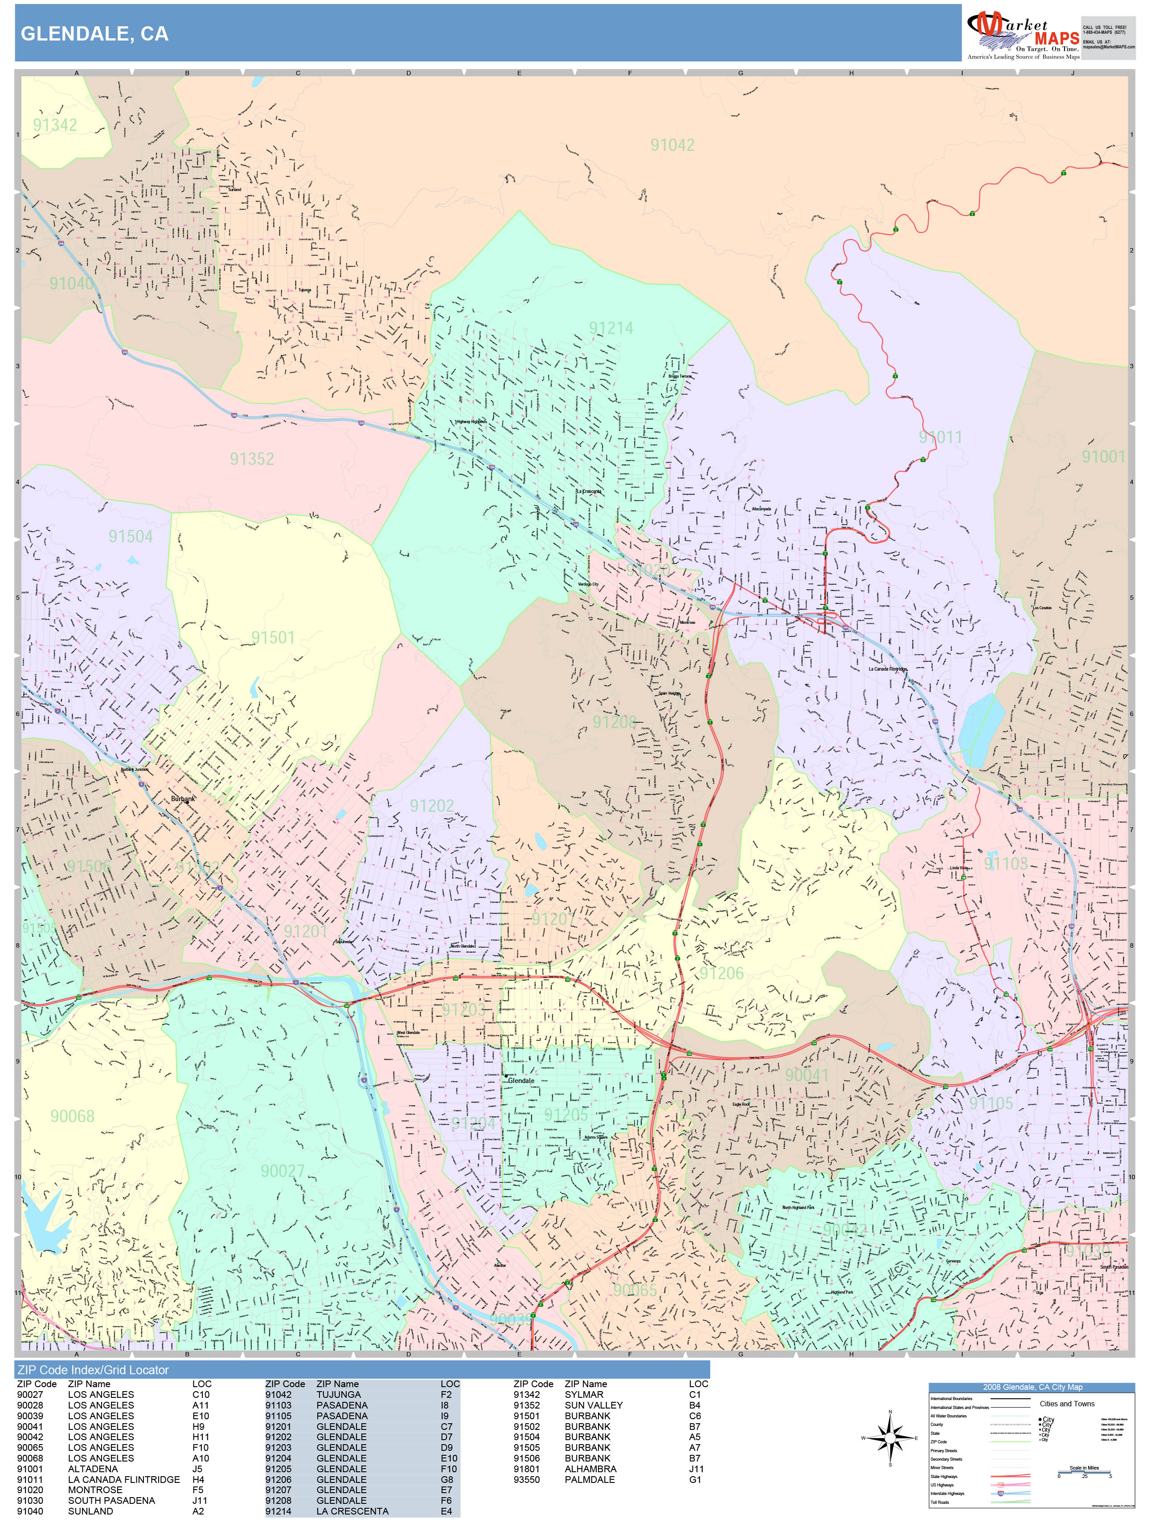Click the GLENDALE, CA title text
click(x=94, y=34)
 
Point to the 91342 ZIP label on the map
click(x=55, y=125)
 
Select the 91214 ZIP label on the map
click(x=610, y=328)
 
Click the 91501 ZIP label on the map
click(x=273, y=637)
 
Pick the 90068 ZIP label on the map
click(x=72, y=1116)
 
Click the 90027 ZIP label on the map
click(x=282, y=1171)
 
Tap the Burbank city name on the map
click(x=183, y=799)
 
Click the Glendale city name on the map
click(x=521, y=1080)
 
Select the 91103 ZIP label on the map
click(x=1005, y=863)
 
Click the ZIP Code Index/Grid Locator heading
click(x=93, y=1370)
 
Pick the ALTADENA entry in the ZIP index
click(x=93, y=1469)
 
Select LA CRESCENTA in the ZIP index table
click(x=352, y=1511)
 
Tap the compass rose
click(x=890, y=1438)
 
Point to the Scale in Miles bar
click(x=1084, y=1471)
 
